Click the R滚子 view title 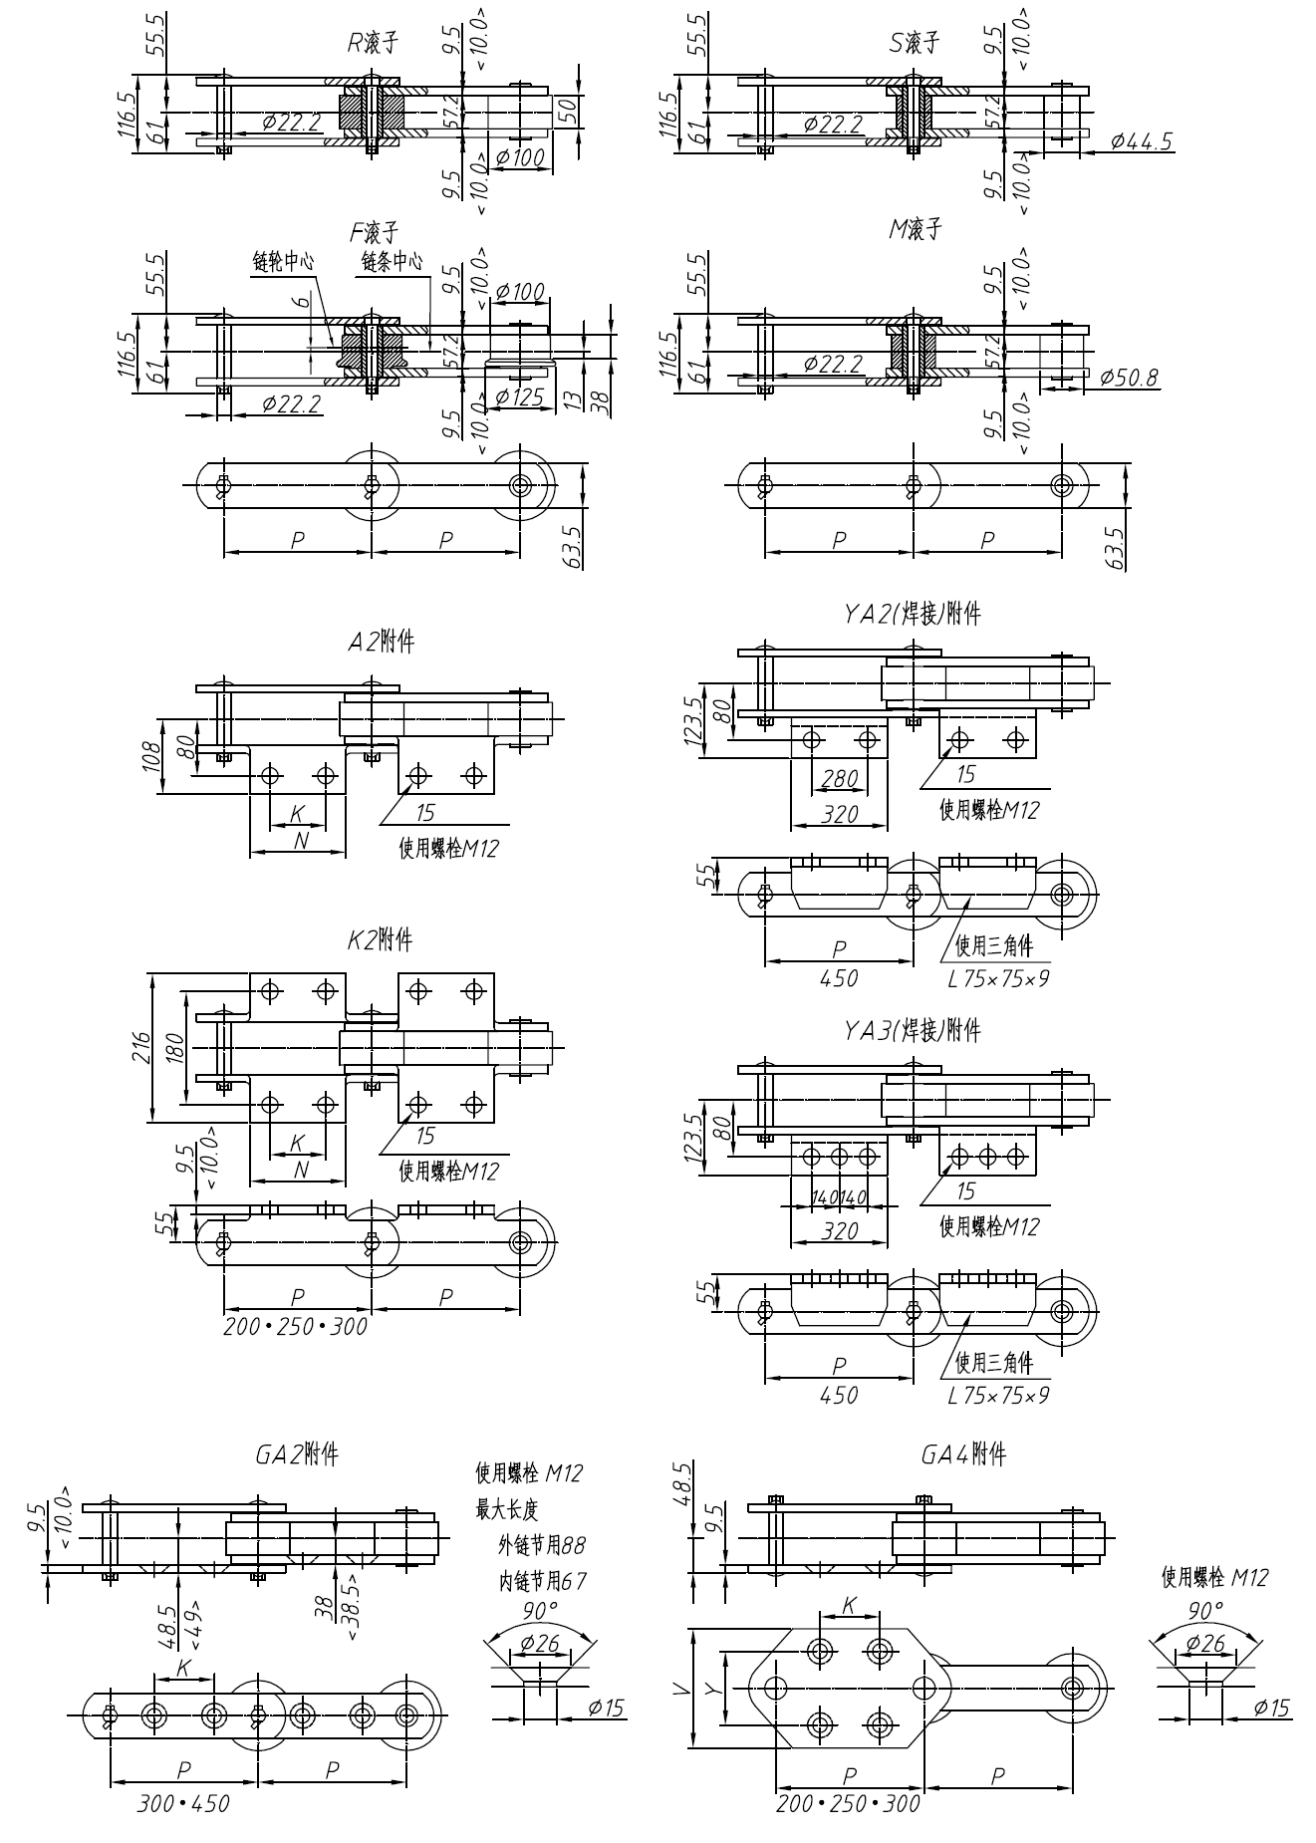pyautogui.click(x=372, y=42)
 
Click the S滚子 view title pyautogui.click(x=914, y=42)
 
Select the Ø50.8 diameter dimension pyautogui.click(x=1129, y=378)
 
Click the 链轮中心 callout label pyautogui.click(x=283, y=262)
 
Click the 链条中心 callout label pyautogui.click(x=392, y=262)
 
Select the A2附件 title pyautogui.click(x=381, y=642)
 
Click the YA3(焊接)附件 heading pyautogui.click(x=912, y=1029)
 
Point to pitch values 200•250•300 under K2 pyautogui.click(x=295, y=1326)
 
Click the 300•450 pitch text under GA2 pyautogui.click(x=182, y=1803)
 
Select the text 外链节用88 pyautogui.click(x=542, y=1545)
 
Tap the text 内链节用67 pyautogui.click(x=543, y=1580)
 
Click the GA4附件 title pyautogui.click(x=962, y=1454)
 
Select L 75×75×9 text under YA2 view pyautogui.click(x=998, y=978)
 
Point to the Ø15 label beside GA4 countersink pyautogui.click(x=1270, y=1709)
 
